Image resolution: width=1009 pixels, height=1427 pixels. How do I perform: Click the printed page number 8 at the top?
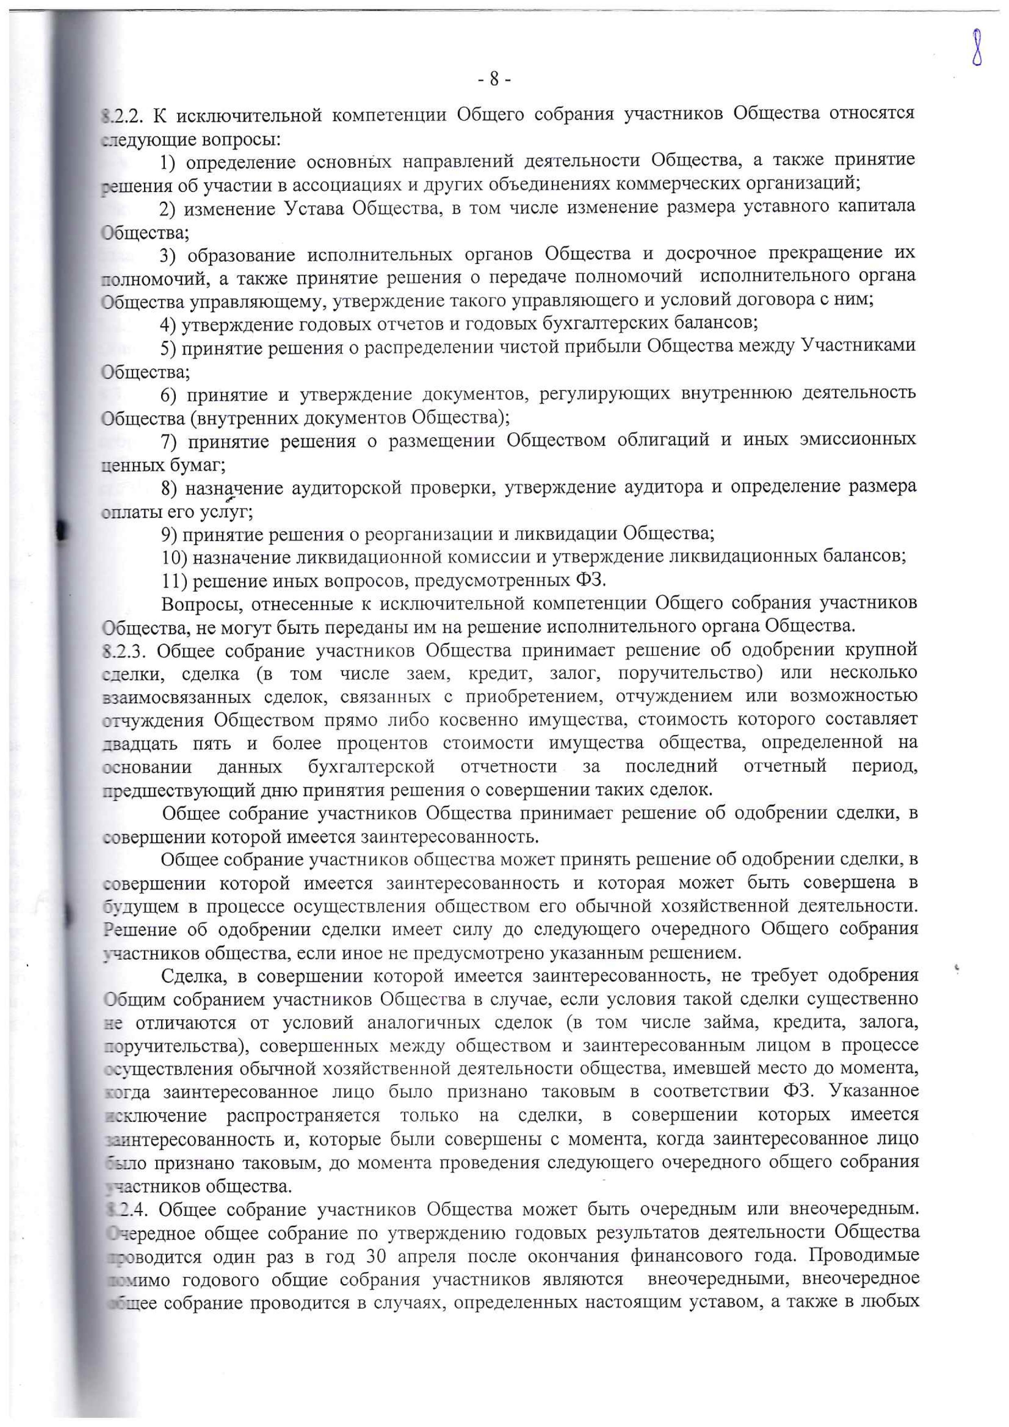click(x=495, y=80)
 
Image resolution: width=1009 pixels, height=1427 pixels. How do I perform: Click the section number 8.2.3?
click(x=124, y=651)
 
